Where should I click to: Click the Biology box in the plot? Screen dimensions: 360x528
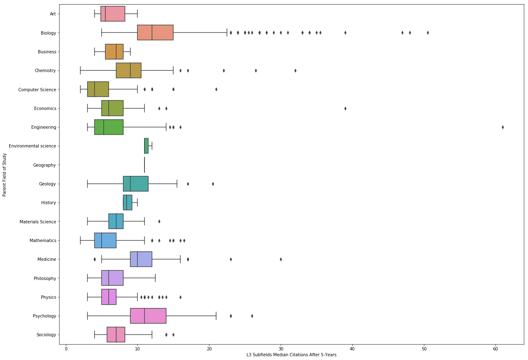point(155,32)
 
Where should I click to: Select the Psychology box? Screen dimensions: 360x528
point(148,316)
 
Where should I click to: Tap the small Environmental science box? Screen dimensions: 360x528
point(146,146)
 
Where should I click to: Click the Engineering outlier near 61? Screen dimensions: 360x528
point(503,127)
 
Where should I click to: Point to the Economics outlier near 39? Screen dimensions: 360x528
point(345,108)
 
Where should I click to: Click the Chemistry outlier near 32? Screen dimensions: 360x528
point(295,70)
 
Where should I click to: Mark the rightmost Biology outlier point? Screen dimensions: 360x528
point(428,32)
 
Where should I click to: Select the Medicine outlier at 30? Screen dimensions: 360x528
point(281,259)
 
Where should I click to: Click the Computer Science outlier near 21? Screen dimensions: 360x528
point(216,89)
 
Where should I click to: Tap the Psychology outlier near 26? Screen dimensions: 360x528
point(252,316)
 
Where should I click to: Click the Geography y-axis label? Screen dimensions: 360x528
point(45,165)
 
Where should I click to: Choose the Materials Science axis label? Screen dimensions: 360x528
point(38,222)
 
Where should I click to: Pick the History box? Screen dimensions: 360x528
point(127,202)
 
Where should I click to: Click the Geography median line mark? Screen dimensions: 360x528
point(144,165)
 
